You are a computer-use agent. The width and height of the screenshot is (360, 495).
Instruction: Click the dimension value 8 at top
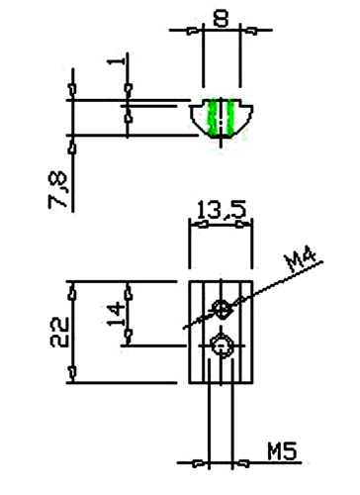click(221, 18)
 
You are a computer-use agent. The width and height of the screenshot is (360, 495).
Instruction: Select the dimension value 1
click(117, 61)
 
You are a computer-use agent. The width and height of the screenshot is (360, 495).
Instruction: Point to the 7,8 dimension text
click(57, 190)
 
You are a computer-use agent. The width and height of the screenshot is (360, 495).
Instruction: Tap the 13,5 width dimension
click(222, 210)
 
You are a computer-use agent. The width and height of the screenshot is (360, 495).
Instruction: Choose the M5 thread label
click(282, 451)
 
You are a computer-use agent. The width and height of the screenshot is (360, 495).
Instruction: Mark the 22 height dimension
click(59, 332)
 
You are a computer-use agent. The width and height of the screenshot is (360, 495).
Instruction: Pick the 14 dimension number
click(117, 314)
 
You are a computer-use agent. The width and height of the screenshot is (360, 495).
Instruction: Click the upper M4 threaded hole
click(222, 309)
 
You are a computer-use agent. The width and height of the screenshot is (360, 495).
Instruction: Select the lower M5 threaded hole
click(222, 346)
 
